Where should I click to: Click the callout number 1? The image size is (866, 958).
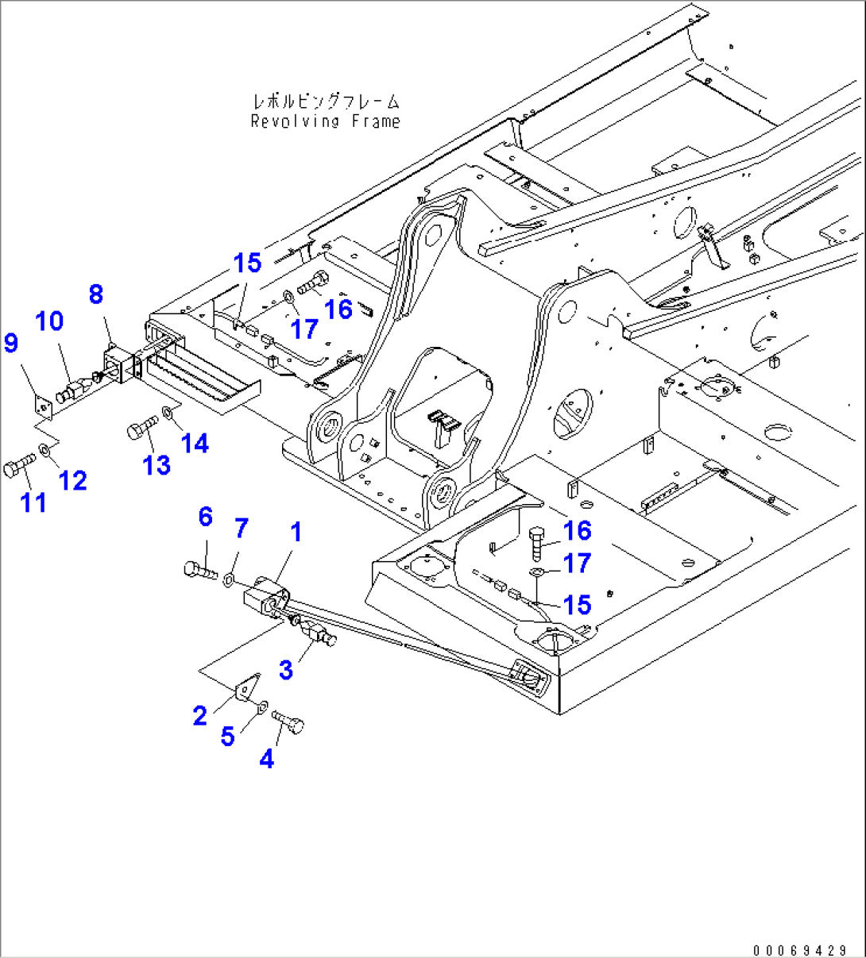pyautogui.click(x=296, y=533)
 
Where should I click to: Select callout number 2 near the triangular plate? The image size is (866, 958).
pyautogui.click(x=200, y=716)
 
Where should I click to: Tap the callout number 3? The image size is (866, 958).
pyautogui.click(x=285, y=670)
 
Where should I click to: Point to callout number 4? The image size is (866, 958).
pyautogui.click(x=267, y=759)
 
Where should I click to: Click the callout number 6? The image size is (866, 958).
pyautogui.click(x=206, y=517)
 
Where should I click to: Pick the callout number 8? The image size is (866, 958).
pyautogui.click(x=95, y=294)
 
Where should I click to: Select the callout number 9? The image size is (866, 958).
pyautogui.click(x=10, y=343)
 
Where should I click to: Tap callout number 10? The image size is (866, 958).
pyautogui.click(x=49, y=321)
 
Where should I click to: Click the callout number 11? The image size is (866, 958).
pyautogui.click(x=33, y=502)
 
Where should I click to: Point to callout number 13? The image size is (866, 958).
pyautogui.click(x=157, y=465)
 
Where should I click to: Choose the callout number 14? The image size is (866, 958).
pyautogui.click(x=195, y=444)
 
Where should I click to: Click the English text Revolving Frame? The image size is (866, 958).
pyautogui.click(x=325, y=121)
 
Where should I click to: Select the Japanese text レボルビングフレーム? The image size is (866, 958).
pyautogui.click(x=326, y=102)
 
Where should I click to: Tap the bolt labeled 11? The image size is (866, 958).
pyautogui.click(x=17, y=466)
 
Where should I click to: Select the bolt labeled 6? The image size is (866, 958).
pyautogui.click(x=199, y=569)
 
